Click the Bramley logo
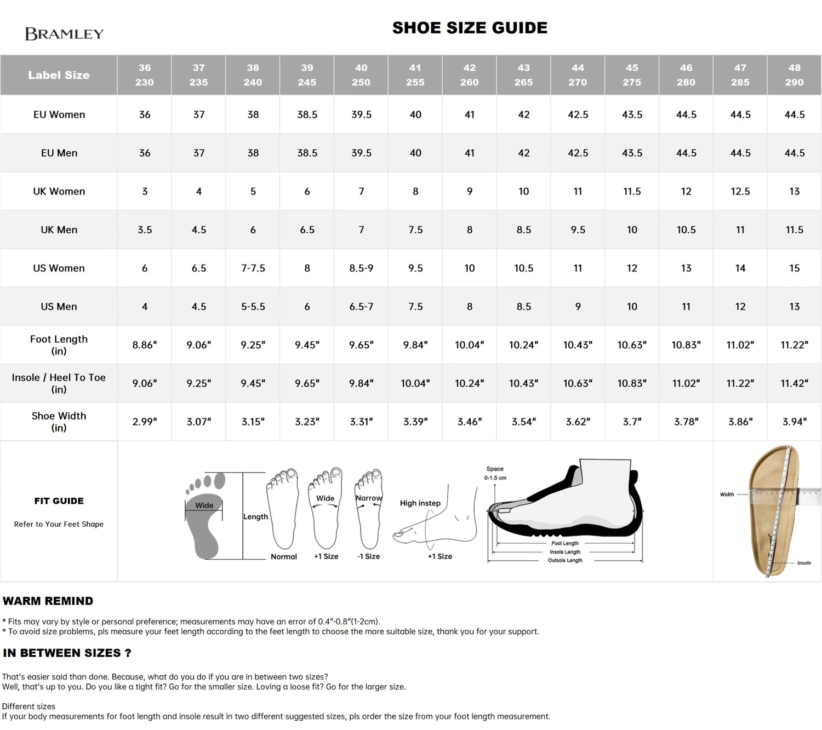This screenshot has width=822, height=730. [x=64, y=34]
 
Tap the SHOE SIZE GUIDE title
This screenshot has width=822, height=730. [x=470, y=28]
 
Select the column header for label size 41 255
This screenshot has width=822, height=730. [x=415, y=75]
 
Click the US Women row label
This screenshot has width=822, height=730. [x=59, y=268]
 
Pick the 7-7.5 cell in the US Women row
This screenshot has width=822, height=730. [x=253, y=268]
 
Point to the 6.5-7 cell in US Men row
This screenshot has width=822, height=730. [x=361, y=307]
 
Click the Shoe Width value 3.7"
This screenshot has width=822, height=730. [x=632, y=422]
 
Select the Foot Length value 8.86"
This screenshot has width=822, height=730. [x=145, y=345]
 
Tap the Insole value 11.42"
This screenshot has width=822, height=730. [x=794, y=383]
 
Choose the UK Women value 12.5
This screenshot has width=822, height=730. [x=740, y=192]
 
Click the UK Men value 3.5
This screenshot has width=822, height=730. [x=145, y=230]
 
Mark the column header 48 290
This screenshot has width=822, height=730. [x=794, y=75]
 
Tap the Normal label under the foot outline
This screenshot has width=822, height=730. [x=284, y=556]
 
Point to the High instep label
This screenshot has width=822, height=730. [x=420, y=503]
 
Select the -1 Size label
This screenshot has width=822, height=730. [x=368, y=556]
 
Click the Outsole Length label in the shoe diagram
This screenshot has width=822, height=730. [x=565, y=560]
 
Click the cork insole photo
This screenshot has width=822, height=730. [x=773, y=509]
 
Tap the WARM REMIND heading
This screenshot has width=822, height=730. [x=48, y=601]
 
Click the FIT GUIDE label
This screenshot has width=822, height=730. [x=59, y=501]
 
